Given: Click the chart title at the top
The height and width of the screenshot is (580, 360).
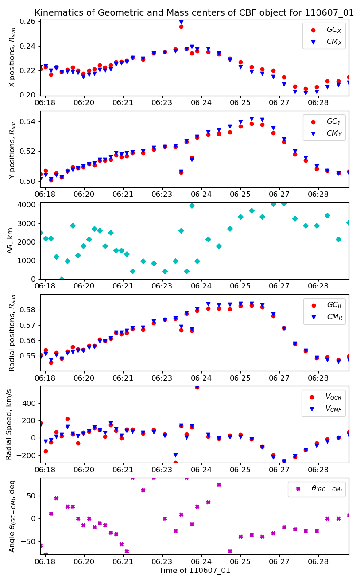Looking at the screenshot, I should pyautogui.click(x=194, y=12).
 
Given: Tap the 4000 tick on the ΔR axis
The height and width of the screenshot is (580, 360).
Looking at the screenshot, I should pyautogui.click(x=29, y=205).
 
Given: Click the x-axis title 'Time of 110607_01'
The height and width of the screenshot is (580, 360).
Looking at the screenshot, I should pyautogui.click(x=194, y=570).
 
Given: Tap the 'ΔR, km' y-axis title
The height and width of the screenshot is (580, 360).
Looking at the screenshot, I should pyautogui.click(x=11, y=241).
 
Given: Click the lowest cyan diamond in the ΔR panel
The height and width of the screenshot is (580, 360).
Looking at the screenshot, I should pyautogui.click(x=62, y=279).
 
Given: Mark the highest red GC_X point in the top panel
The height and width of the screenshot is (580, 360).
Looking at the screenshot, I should pyautogui.click(x=181, y=27).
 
